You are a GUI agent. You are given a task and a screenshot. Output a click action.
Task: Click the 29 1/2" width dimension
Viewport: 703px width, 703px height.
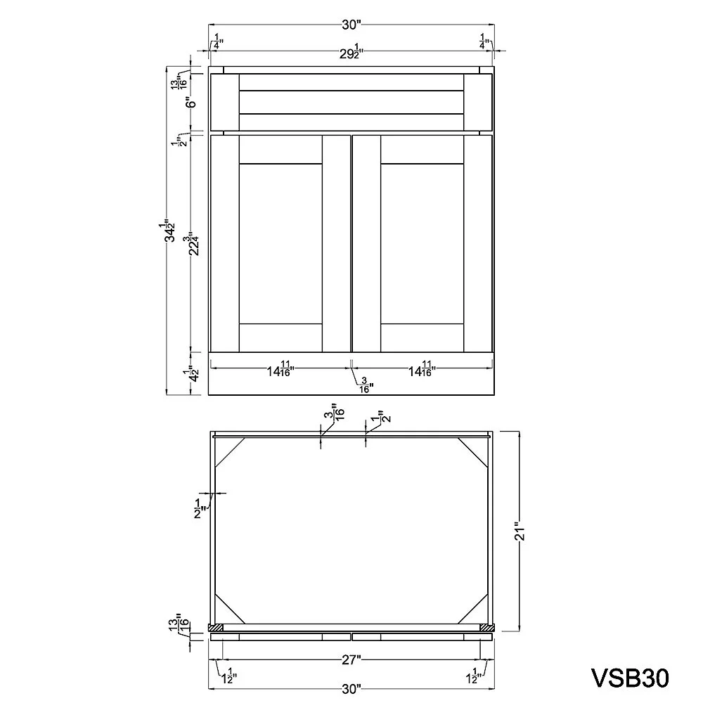[x=351, y=53]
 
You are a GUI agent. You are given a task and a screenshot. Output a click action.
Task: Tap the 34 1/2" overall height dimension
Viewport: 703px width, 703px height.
[x=169, y=231]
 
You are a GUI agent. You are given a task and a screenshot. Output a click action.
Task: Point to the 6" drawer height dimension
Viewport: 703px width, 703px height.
[x=192, y=103]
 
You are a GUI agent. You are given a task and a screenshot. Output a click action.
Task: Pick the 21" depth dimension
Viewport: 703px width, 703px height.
[x=520, y=531]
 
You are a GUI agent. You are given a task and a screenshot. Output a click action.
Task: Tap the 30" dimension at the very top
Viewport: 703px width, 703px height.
[x=351, y=25]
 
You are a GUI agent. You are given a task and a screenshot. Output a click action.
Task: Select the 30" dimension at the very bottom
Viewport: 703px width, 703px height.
[x=351, y=689]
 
